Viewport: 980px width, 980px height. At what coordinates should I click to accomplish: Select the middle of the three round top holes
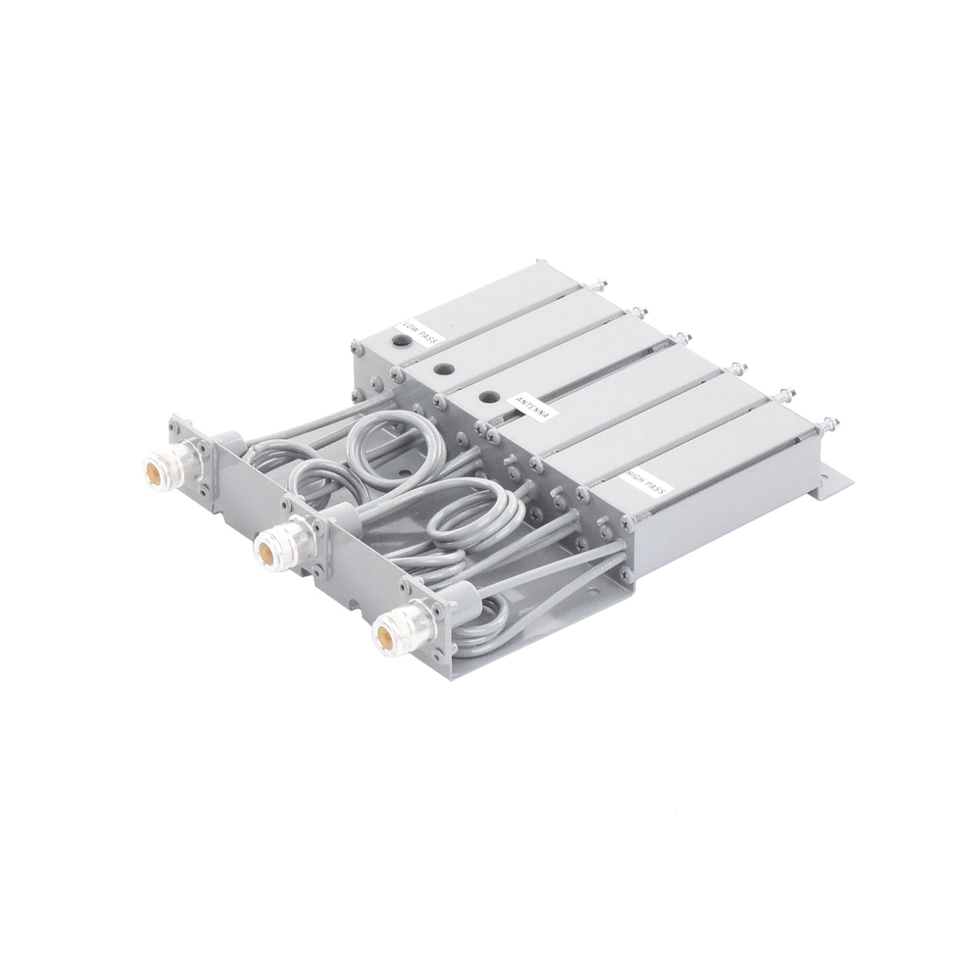click(x=442, y=369)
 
